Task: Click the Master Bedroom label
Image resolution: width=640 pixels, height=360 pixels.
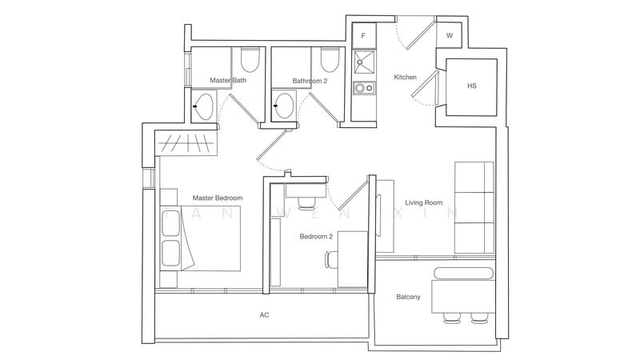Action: coord(217,198)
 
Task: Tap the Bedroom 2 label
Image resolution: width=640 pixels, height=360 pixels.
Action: coord(316,236)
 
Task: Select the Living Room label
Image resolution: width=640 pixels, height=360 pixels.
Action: coord(424,202)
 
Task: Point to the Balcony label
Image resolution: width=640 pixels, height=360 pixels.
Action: coord(408,297)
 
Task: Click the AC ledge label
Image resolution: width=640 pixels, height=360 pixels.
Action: coord(264,314)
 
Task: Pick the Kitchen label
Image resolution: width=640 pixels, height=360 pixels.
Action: coord(405,77)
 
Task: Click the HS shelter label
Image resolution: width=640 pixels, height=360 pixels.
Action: coord(471,86)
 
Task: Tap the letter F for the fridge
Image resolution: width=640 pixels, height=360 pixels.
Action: coord(363,36)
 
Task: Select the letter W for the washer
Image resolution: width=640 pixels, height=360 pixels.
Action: coord(450,35)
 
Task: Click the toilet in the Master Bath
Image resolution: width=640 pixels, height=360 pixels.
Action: coord(250,59)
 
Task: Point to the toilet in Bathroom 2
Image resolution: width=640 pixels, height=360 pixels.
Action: coord(330,59)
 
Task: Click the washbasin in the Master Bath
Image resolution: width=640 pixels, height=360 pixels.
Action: coord(203,106)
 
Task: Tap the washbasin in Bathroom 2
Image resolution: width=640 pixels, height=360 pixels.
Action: coord(284,106)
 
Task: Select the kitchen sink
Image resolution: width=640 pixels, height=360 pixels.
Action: coord(364,62)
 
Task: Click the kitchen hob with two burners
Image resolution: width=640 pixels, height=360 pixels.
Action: coord(364,88)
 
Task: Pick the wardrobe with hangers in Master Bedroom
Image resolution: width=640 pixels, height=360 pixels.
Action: coord(186,143)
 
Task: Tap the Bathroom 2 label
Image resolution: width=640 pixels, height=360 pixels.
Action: coord(310,81)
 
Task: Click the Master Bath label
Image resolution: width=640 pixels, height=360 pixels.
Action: coord(228,81)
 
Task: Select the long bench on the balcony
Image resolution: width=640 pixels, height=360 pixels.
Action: coord(463,273)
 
